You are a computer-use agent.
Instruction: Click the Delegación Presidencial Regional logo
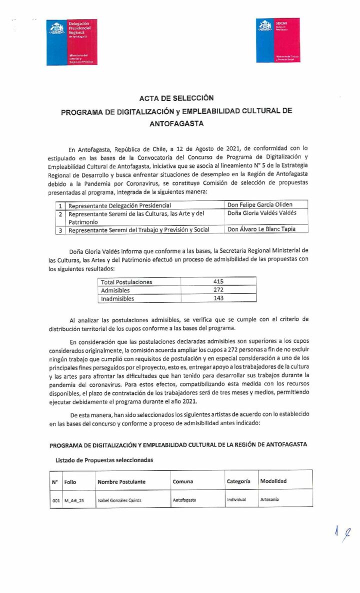[x=72, y=42]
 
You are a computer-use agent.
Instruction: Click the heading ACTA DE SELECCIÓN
[x=176, y=98]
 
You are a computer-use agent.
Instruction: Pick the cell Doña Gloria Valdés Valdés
[x=261, y=213]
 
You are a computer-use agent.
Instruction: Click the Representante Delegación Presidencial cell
[x=119, y=205]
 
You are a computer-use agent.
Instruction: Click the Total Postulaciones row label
[x=126, y=282]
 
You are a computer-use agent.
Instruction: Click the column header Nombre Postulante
[x=121, y=481]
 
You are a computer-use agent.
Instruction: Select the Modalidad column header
[x=273, y=481]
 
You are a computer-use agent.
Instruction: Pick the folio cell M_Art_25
[x=74, y=500]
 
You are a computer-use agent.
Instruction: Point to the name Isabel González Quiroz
[x=119, y=500]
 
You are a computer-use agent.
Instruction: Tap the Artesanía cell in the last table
[x=269, y=499]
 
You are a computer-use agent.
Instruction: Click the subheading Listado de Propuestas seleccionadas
[x=104, y=460]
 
